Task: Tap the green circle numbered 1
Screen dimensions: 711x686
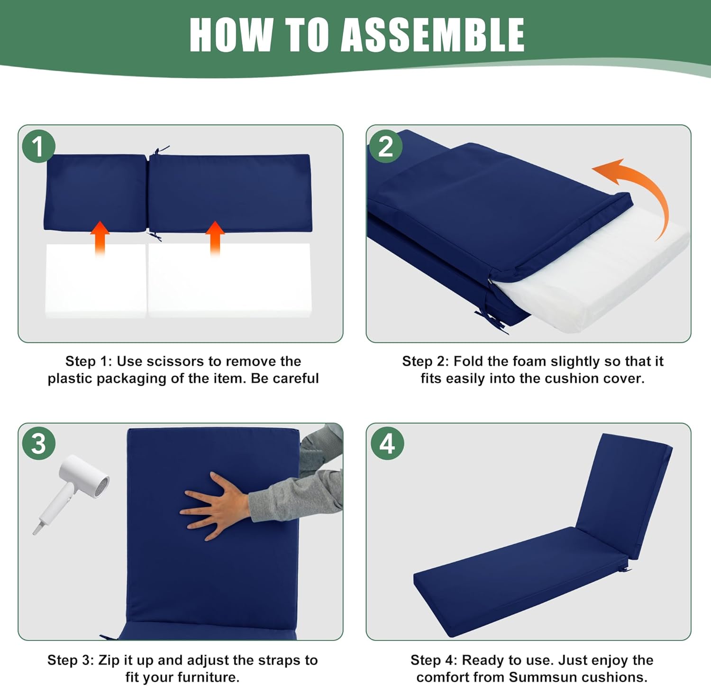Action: coord(39,146)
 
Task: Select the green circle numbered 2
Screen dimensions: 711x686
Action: coord(385,146)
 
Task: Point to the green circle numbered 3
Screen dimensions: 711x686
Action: coord(39,444)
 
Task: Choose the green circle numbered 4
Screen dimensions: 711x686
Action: coord(387,444)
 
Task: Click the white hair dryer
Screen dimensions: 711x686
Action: coord(71,491)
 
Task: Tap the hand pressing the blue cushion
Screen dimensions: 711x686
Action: coord(216,506)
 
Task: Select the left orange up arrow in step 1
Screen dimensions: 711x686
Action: coord(100,239)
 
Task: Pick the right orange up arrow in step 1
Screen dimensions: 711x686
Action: coord(215,239)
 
